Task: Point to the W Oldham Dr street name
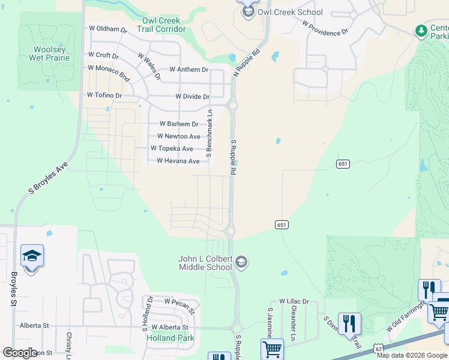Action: pos(108,29)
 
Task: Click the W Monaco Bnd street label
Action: pos(109,72)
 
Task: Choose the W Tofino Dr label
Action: pos(104,95)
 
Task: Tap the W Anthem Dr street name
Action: pos(188,70)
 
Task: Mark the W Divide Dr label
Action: pos(192,97)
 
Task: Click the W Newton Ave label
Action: pos(179,137)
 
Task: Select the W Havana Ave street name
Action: pos(178,161)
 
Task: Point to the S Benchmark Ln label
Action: pos(209,133)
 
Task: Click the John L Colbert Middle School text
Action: pos(205,263)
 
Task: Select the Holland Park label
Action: pos(170,338)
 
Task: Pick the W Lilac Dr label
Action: pos(294,301)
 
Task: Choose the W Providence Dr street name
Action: pos(325,27)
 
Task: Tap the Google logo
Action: pos(20,353)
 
